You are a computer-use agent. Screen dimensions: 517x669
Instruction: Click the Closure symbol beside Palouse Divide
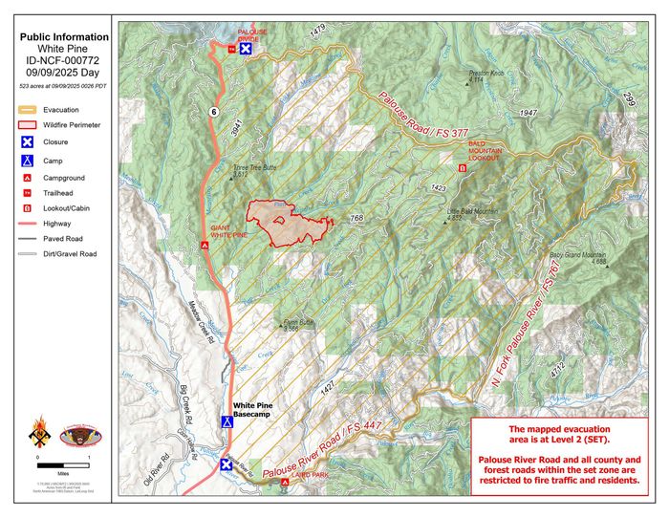pyautogui.click(x=246, y=48)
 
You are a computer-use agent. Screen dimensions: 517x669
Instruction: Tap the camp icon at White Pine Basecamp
pyautogui.click(x=227, y=421)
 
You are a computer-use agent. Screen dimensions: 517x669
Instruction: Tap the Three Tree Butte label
pyautogui.click(x=255, y=170)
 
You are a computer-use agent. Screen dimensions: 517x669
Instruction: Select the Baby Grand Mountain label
pyautogui.click(x=579, y=258)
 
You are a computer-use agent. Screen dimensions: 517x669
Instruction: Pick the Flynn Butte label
pyautogui.click(x=299, y=325)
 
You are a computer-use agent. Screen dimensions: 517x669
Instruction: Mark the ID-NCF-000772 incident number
pyautogui.click(x=63, y=58)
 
